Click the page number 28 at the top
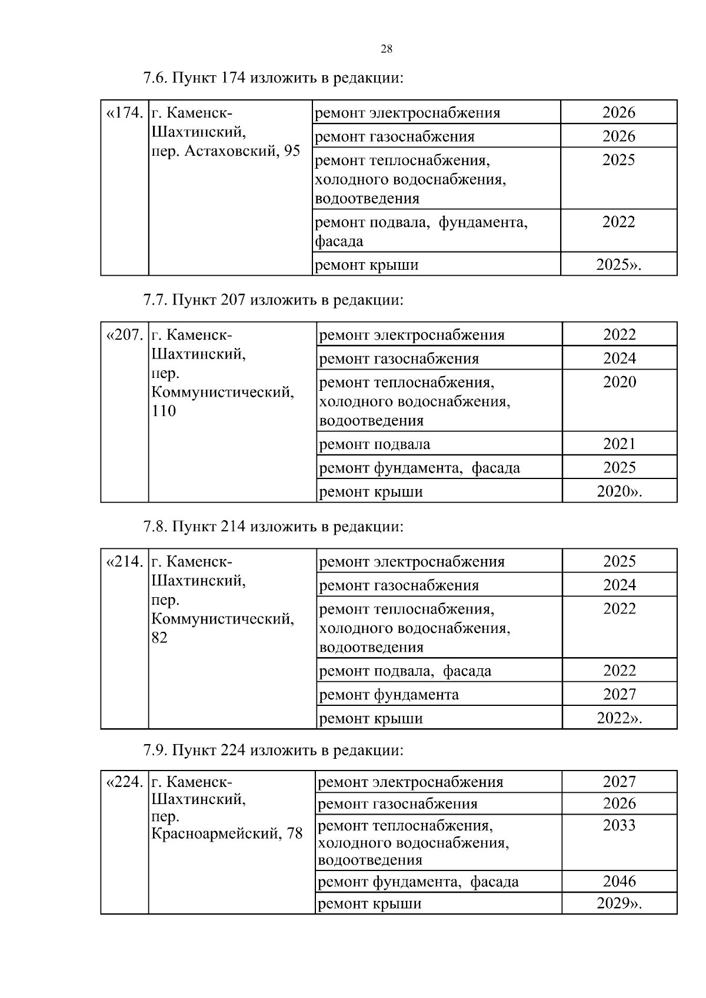387,49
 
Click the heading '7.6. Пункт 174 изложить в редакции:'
274,78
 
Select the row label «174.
124,113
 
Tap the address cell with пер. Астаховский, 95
226,151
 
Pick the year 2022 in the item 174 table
618,222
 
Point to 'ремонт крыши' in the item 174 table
367,265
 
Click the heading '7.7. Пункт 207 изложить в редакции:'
274,300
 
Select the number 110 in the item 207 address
164,411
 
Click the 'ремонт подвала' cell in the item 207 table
374,444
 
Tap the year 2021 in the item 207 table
620,444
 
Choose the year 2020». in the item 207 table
619,491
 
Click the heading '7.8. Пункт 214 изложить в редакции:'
274,527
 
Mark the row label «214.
124,562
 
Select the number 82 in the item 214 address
159,638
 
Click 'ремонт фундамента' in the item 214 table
388,695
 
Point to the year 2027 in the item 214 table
620,694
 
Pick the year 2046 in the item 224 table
620,882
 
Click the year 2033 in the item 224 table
620,825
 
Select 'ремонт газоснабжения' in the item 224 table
397,804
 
